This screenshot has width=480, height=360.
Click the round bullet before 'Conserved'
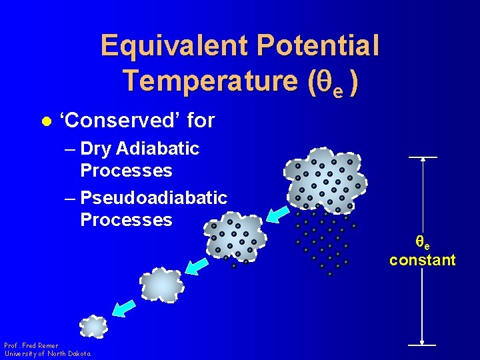45,121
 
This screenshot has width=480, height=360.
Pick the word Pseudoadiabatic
153,198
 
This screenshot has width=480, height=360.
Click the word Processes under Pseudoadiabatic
126,220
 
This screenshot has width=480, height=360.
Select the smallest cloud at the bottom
93,327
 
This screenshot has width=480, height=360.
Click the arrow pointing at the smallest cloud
123,307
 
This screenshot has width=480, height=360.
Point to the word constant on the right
423,260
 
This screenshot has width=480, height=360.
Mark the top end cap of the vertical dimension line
423,157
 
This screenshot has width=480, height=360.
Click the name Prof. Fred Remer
31,346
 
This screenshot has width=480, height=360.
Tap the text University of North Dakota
47,354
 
